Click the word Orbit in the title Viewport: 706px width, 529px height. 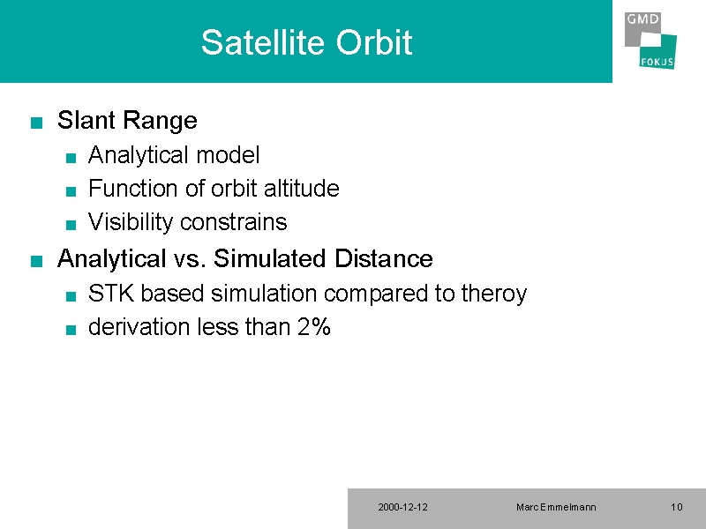pos(374,42)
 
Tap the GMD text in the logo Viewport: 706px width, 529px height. pos(642,19)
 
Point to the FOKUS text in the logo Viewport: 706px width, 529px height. pos(657,62)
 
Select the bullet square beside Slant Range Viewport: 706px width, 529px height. pos(36,123)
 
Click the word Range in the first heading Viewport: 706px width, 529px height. pos(160,121)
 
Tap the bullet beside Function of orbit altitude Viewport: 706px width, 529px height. pos(71,191)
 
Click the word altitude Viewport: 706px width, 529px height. pos(301,188)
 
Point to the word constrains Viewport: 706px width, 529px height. pos(233,222)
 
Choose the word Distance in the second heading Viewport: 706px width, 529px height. pos(383,258)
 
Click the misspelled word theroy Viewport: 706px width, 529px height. pos(494,294)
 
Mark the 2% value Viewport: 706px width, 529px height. pos(314,326)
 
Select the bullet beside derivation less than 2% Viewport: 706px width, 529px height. pos(71,330)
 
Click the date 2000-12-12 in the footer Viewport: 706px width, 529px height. pos(403,508)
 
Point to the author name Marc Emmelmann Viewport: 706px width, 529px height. pos(556,508)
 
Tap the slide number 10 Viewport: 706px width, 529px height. pos(677,508)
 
